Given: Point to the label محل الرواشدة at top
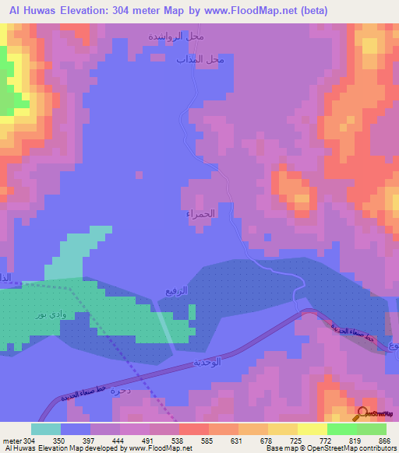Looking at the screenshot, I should point(177,37).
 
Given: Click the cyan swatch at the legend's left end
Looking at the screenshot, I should point(46,429).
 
